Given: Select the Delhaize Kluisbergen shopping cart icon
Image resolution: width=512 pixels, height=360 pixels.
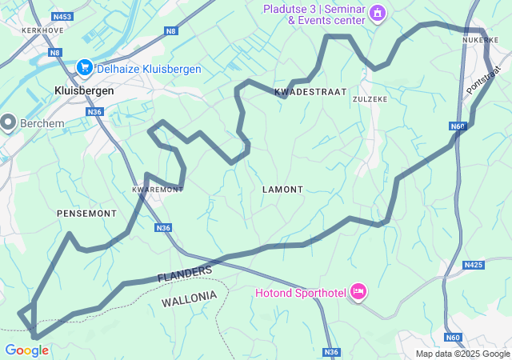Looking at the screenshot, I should [x=84, y=69].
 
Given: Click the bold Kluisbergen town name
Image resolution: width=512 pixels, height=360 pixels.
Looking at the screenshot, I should [x=84, y=91].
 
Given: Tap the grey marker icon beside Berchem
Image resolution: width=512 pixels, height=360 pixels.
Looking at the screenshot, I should [x=9, y=122].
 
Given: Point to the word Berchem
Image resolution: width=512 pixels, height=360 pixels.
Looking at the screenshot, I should [x=42, y=123].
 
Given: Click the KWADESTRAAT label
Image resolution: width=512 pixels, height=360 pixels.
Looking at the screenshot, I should [x=310, y=93].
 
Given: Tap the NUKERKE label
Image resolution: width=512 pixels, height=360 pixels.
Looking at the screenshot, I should [x=480, y=38].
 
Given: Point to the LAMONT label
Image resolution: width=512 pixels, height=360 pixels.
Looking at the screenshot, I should [x=282, y=190].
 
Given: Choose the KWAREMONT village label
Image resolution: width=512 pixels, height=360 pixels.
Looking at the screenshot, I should [x=157, y=190].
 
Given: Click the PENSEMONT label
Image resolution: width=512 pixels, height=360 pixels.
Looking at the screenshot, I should [x=86, y=214].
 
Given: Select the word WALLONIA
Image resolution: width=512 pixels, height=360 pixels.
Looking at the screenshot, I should [x=189, y=298].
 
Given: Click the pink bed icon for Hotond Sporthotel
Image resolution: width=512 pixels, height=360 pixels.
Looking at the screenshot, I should [x=358, y=293].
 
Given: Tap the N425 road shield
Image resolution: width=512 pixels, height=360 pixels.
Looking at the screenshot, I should [x=474, y=265].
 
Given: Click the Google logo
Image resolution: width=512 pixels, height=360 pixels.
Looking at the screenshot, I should [x=26, y=350].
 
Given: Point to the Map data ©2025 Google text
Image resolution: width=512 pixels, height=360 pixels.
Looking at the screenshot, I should [x=462, y=354].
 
